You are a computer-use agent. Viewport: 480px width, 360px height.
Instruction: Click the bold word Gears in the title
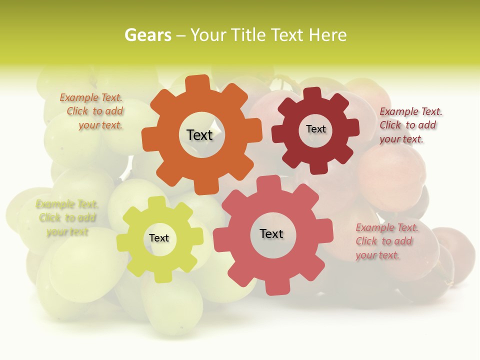pos(148,35)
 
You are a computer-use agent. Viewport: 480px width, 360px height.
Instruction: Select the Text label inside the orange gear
pos(199,135)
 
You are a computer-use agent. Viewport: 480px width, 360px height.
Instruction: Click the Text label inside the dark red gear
pos(315,129)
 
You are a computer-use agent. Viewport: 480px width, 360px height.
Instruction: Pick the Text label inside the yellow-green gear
pos(159,238)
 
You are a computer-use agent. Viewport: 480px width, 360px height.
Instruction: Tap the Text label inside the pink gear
pos(271,233)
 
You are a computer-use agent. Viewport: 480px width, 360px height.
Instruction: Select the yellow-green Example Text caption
pos(67,217)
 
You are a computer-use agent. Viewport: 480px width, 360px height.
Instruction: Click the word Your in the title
pos(209,35)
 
